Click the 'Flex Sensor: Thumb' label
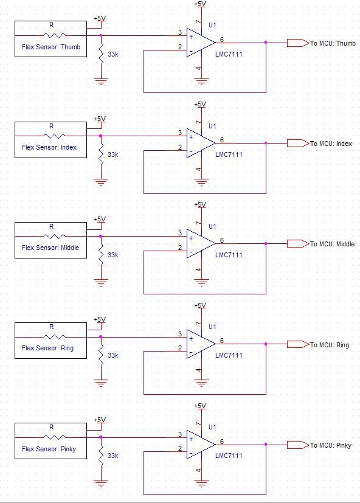[x=51, y=47]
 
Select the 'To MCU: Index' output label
[x=331, y=144]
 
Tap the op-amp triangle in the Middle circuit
[x=201, y=244]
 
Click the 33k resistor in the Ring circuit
[x=101, y=355]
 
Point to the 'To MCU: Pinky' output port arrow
[x=298, y=445]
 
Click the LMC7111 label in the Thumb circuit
[x=229, y=54]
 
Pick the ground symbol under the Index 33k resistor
[x=101, y=182]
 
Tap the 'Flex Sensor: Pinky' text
[x=49, y=449]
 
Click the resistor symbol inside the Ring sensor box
[x=54, y=337]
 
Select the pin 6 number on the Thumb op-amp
[x=222, y=40]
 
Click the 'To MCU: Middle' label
[x=333, y=244]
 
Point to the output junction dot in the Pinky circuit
[x=266, y=444]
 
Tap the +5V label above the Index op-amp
[x=200, y=104]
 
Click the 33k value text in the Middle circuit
[x=113, y=255]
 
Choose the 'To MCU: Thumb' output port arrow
[x=298, y=43]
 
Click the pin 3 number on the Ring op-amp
[x=180, y=334]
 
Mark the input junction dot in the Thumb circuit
[x=101, y=35]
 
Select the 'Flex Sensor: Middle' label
[x=50, y=248]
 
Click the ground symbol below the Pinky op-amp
[x=201, y=483]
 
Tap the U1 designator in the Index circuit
[x=212, y=126]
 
